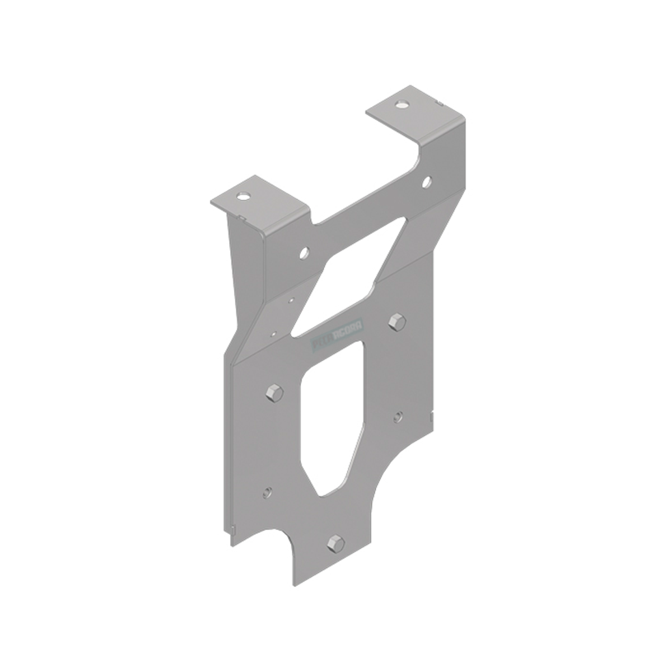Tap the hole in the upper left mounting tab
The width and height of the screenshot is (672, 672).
[x=243, y=197]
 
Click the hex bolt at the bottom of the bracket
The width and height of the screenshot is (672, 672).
[x=334, y=543]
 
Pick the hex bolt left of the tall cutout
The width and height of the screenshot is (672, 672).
[x=273, y=392]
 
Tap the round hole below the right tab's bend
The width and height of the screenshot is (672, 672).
[x=426, y=181]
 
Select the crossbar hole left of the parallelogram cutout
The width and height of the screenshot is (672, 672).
[x=304, y=253]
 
